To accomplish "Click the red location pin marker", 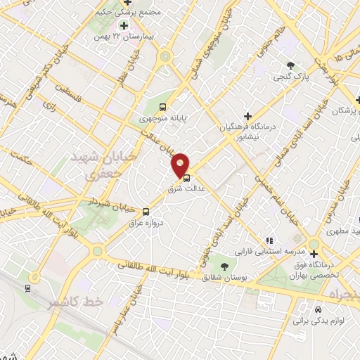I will pos(181,165).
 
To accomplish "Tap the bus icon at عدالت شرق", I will pos(186,178).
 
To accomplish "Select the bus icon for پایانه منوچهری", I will pos(163,108).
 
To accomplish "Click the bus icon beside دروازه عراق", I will pos(146,211).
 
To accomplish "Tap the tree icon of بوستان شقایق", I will pos(224,266).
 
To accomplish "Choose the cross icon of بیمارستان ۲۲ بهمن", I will pos(124,25).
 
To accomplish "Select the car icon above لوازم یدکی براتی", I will pos(318,309).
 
